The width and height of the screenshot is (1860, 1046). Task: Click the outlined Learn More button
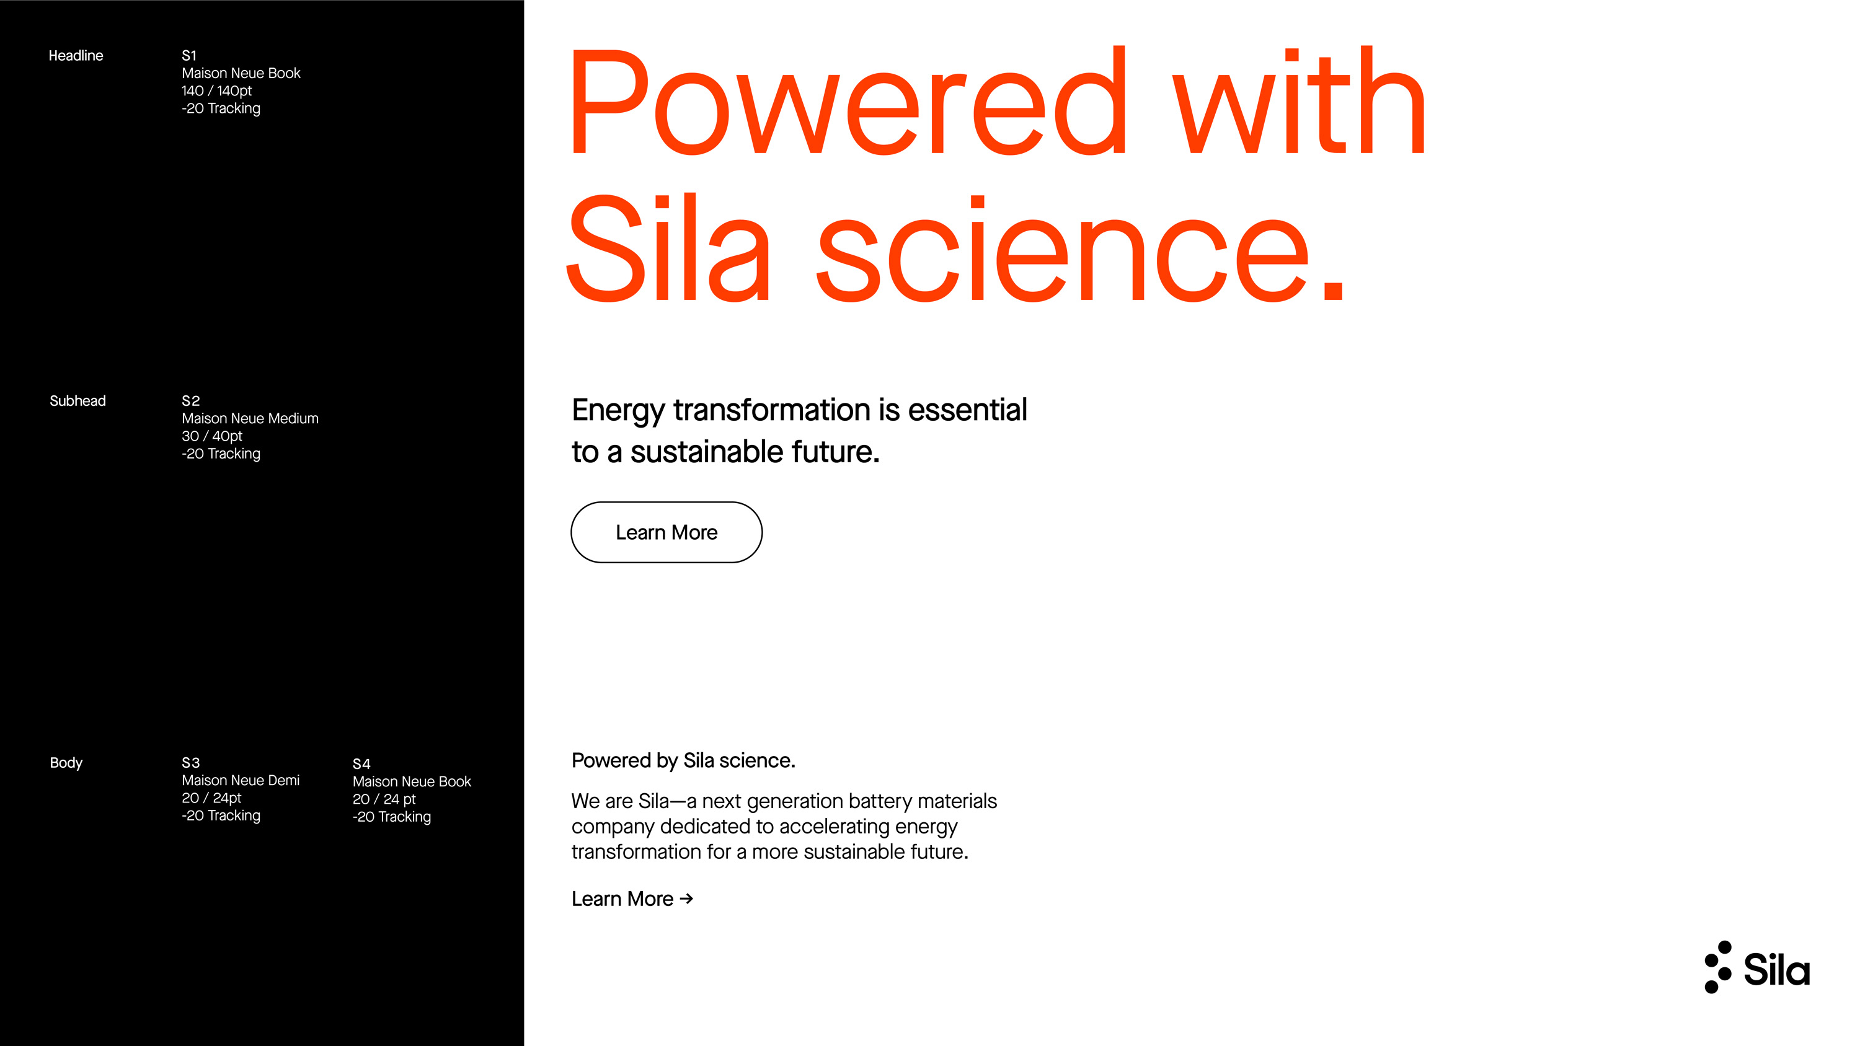pos(666,532)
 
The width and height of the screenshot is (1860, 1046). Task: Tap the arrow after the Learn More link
pos(687,898)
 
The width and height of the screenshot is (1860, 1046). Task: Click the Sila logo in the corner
pos(1756,967)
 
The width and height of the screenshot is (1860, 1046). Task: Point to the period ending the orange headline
pos(1333,289)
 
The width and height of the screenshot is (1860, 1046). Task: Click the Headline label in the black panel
pos(76,56)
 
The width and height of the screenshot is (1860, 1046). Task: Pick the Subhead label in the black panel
pos(78,401)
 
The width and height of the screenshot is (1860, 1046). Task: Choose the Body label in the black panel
pos(66,763)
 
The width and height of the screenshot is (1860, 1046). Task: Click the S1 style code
pos(189,56)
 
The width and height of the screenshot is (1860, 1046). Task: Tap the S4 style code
pos(361,764)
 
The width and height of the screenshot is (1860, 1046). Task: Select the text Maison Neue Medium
pos(250,418)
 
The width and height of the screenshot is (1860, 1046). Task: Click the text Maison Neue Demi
pos(241,780)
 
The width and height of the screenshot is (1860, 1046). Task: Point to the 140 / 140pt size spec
pos(216,91)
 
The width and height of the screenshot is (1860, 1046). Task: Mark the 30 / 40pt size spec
pos(212,436)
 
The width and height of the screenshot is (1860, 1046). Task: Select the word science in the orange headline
pos(1062,249)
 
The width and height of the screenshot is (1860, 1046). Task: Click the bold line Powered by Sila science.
pos(683,761)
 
